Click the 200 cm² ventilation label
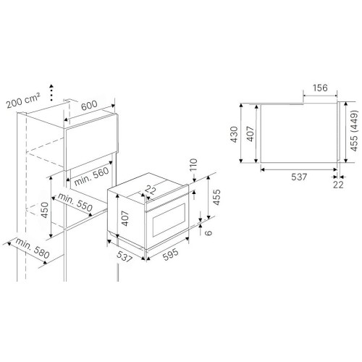[x=23, y=101]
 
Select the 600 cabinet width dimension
[x=89, y=105]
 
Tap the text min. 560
[x=91, y=177]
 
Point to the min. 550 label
[x=75, y=202]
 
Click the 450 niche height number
[x=45, y=210]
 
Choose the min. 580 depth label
[x=33, y=248]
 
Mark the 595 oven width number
[x=171, y=254]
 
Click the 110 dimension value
[x=193, y=165]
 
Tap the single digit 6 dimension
[x=209, y=232]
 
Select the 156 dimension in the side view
[x=320, y=88]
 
